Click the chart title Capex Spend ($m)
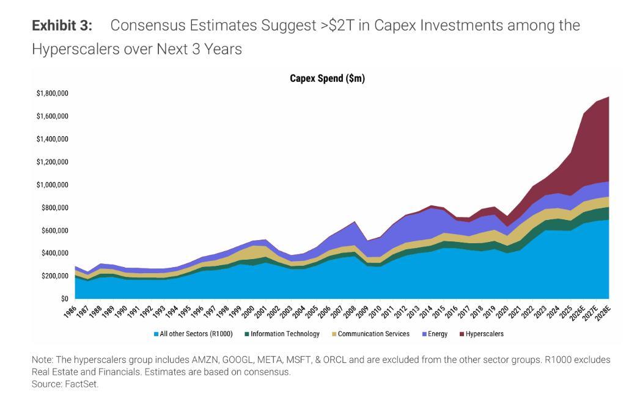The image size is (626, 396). click(327, 78)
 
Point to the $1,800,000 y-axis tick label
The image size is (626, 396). click(52, 94)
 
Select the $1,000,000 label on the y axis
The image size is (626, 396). click(52, 185)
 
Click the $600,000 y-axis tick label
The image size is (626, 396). click(54, 230)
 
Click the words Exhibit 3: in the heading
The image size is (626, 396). click(62, 26)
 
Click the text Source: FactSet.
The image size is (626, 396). click(65, 384)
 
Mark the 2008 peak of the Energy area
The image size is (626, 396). click(355, 222)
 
